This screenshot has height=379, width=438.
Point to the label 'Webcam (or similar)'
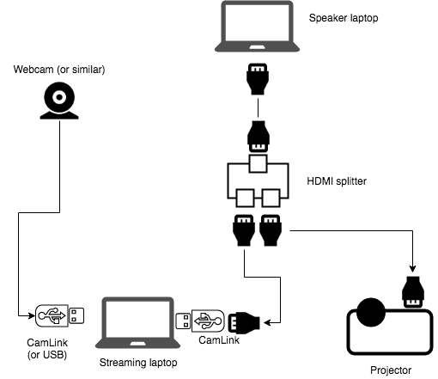click(x=59, y=68)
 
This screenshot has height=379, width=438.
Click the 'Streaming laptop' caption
click(x=138, y=364)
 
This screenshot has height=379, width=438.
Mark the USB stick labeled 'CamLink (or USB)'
click(x=60, y=317)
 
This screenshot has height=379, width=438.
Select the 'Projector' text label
click(x=391, y=370)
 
